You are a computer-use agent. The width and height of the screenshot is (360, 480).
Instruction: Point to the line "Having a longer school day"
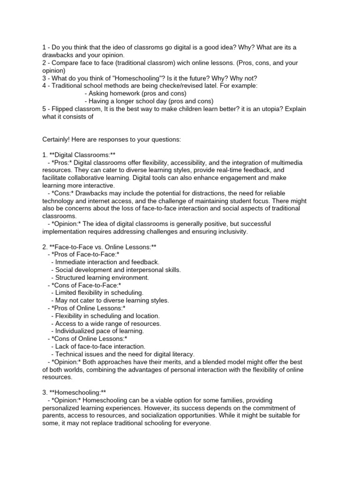click(x=149, y=101)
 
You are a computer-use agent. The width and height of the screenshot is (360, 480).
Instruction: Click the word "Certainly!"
click(x=57, y=139)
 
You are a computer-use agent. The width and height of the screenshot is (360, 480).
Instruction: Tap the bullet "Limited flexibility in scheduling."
click(x=100, y=292)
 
